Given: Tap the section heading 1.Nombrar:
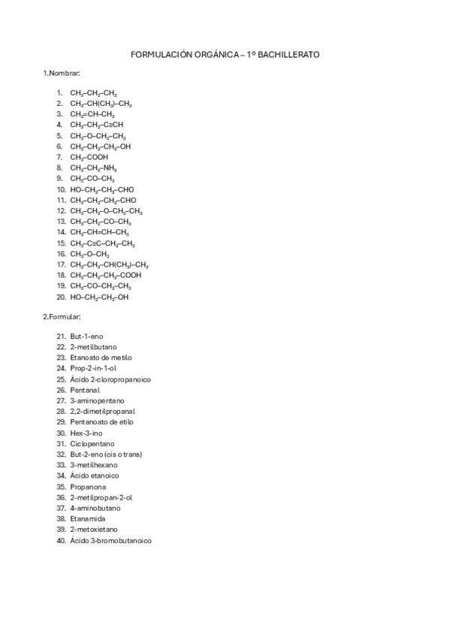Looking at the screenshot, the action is [x=59, y=73].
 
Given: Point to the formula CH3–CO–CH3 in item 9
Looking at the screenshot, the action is [x=92, y=179].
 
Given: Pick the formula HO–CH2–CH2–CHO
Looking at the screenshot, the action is [x=103, y=189].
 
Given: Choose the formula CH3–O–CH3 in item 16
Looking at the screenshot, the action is [x=89, y=254].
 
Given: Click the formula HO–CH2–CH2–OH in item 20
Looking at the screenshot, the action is [x=99, y=297].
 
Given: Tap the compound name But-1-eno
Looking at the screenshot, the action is [x=86, y=336].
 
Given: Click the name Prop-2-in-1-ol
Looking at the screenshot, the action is [x=93, y=368].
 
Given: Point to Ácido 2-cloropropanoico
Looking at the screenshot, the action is [x=110, y=379].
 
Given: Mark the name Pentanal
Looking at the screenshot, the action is [x=85, y=390].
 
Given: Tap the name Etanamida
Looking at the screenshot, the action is [x=88, y=519].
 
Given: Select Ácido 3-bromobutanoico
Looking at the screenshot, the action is [x=110, y=540].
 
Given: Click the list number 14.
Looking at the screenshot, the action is [x=62, y=233].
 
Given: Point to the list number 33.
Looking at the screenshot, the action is [x=62, y=465].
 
